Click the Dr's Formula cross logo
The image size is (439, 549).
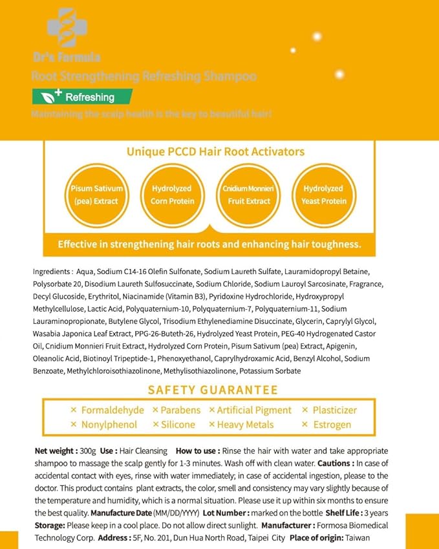coord(67,28)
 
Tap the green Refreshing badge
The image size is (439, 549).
coord(82,97)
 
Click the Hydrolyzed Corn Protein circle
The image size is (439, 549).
coord(171,195)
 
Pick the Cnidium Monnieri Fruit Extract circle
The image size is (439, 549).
coord(249,195)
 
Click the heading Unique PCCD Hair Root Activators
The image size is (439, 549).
coord(215,152)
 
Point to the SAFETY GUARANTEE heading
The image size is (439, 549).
coord(213,390)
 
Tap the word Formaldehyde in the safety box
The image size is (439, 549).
coord(112,410)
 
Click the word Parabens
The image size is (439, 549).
coord(180,410)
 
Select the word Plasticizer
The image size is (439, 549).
coord(334,410)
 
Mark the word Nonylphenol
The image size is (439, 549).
coord(109,425)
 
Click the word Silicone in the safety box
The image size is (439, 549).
coord(178,425)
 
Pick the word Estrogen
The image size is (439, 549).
coord(332,425)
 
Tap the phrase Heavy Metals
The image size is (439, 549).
coord(245,425)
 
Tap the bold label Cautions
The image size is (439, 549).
coord(334,463)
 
